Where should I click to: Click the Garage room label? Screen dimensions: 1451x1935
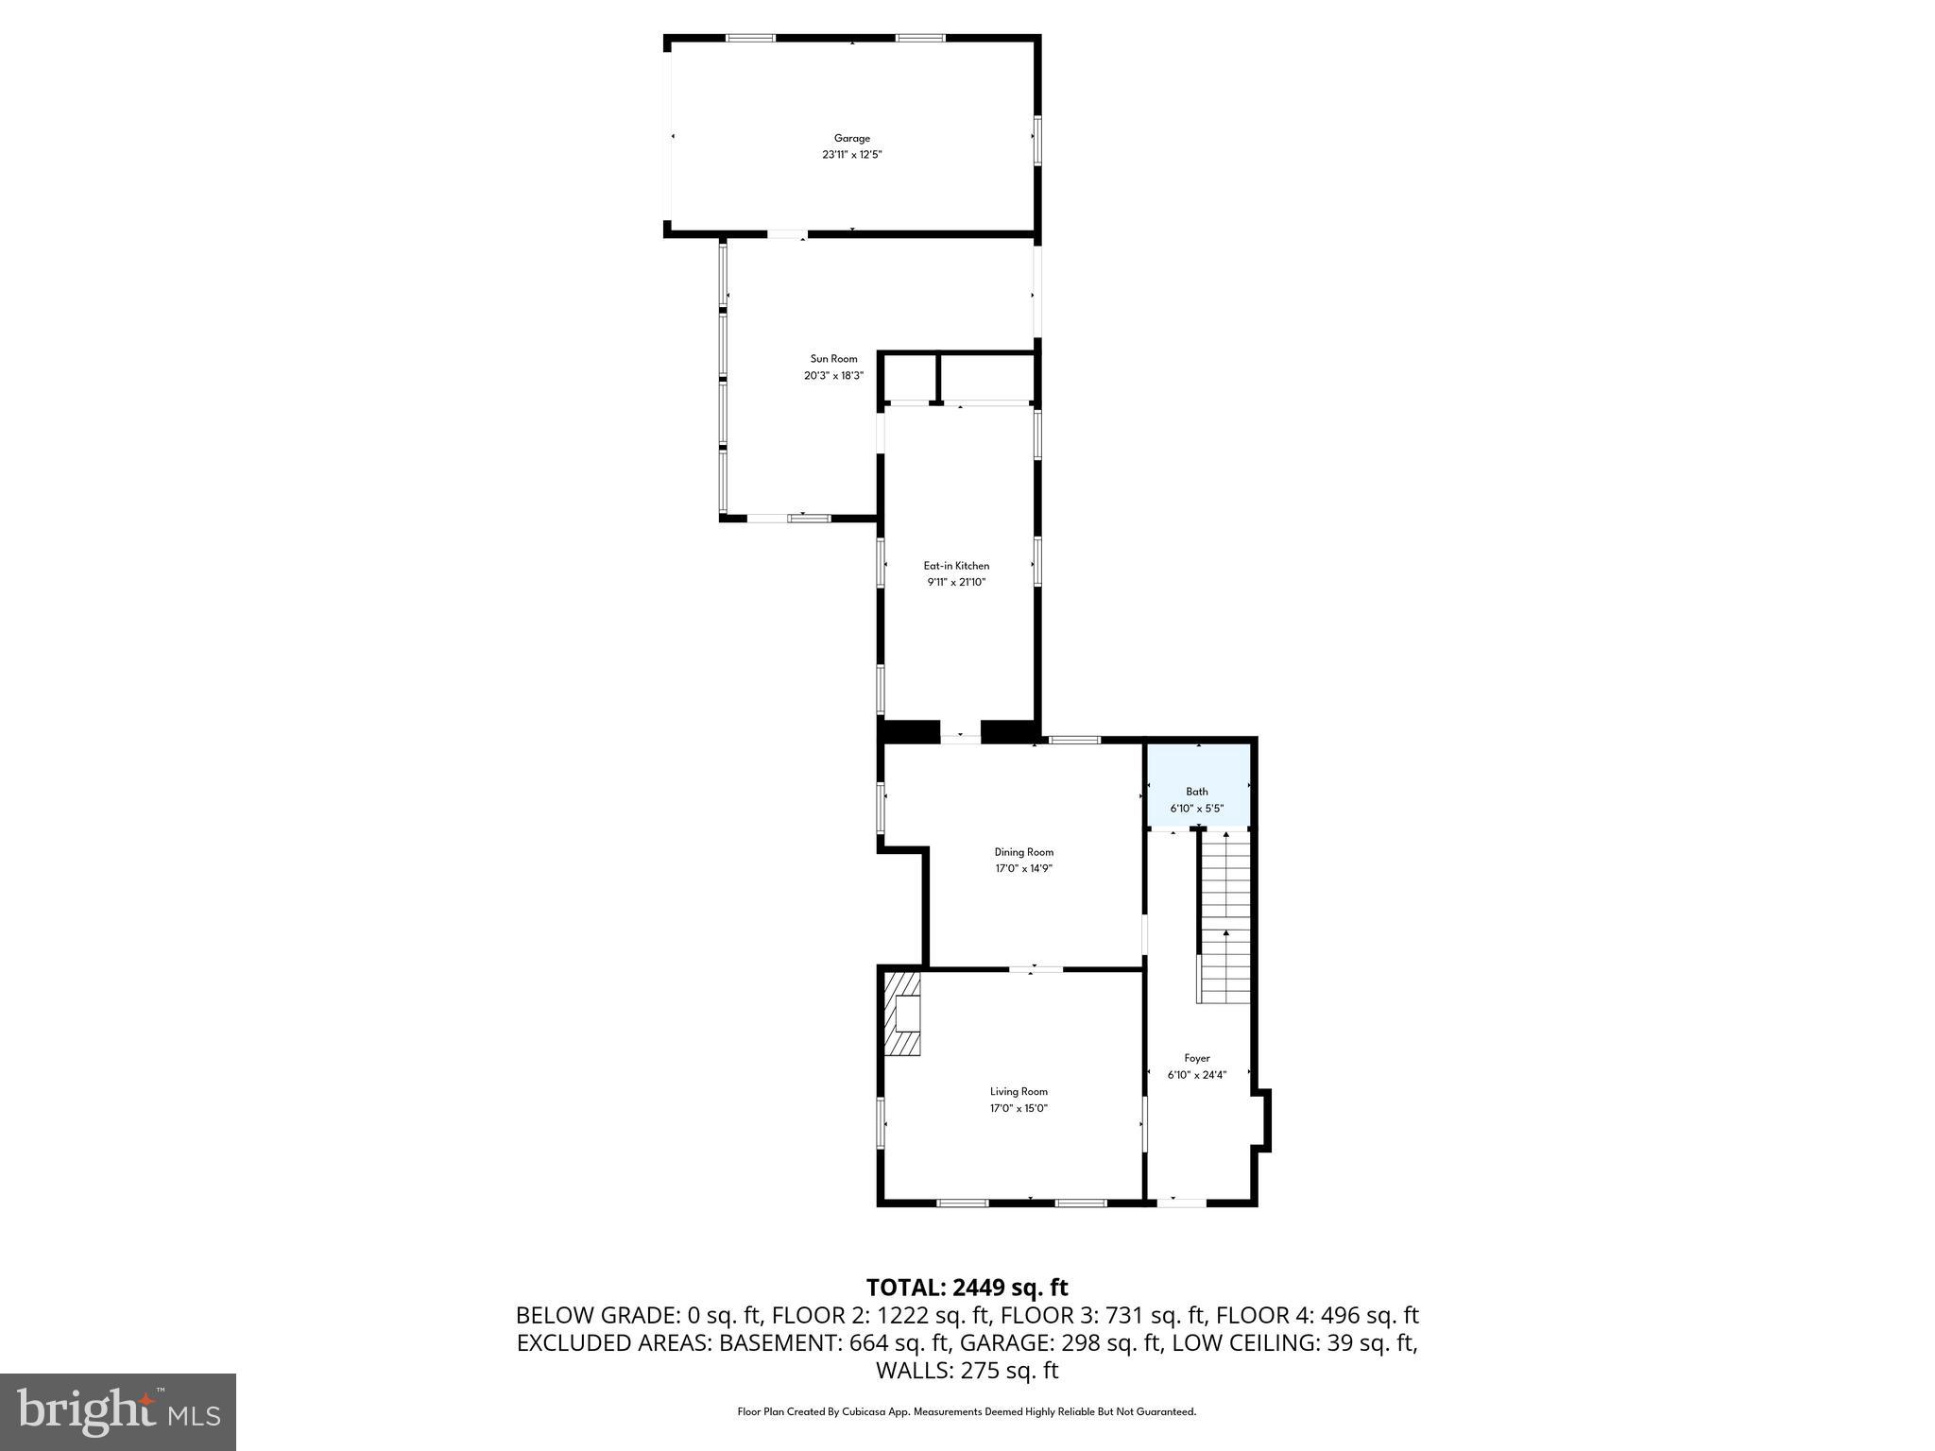point(851,138)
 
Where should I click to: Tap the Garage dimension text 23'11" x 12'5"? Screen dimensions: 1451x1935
point(851,155)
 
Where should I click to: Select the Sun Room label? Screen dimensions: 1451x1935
point(833,359)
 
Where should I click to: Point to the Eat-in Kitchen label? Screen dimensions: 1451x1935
point(956,566)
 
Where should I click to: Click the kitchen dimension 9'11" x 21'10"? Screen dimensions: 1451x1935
point(956,583)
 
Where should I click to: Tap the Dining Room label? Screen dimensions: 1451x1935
point(1023,852)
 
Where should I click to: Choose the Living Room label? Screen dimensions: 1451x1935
point(1019,1092)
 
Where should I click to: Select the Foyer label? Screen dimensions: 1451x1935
point(1197,1059)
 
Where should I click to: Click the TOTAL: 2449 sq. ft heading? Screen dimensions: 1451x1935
point(967,1288)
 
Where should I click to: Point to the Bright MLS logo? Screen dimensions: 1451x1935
point(118,1411)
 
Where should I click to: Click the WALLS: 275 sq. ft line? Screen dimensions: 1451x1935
point(967,1371)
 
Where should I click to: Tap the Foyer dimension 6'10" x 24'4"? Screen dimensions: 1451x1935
point(1197,1075)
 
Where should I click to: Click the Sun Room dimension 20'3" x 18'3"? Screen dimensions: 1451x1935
point(833,376)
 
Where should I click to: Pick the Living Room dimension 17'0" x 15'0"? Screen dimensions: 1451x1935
point(1019,1109)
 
